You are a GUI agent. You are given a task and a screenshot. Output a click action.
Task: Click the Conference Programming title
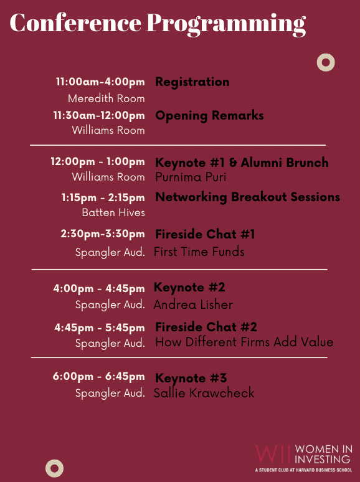158,24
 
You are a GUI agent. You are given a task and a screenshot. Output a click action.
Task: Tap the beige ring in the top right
326,56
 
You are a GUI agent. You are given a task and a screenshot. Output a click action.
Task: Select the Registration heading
192,82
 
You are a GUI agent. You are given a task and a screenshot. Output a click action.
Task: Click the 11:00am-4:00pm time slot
100,82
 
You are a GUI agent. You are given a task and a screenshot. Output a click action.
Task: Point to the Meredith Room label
107,98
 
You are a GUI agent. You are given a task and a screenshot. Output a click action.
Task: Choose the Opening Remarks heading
209,116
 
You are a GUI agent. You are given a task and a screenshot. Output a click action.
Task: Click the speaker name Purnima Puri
191,177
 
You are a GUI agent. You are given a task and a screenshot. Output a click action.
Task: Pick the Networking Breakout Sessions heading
247,197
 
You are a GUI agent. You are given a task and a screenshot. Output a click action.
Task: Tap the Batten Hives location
113,212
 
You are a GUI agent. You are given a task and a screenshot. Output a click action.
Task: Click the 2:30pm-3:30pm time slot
103,234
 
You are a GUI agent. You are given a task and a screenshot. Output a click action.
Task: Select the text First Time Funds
199,252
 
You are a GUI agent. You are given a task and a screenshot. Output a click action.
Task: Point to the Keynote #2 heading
189,288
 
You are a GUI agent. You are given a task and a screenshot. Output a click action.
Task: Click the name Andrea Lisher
193,305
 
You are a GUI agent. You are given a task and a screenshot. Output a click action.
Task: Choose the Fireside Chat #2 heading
206,327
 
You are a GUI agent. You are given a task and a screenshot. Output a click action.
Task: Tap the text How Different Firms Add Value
244,342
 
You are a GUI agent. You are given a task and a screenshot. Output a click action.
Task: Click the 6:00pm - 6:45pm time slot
98,377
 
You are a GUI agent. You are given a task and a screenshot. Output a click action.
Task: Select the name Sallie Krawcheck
204,393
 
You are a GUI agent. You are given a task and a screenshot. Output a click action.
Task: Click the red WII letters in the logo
273,454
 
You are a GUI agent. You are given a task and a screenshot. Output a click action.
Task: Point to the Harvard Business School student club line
304,470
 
